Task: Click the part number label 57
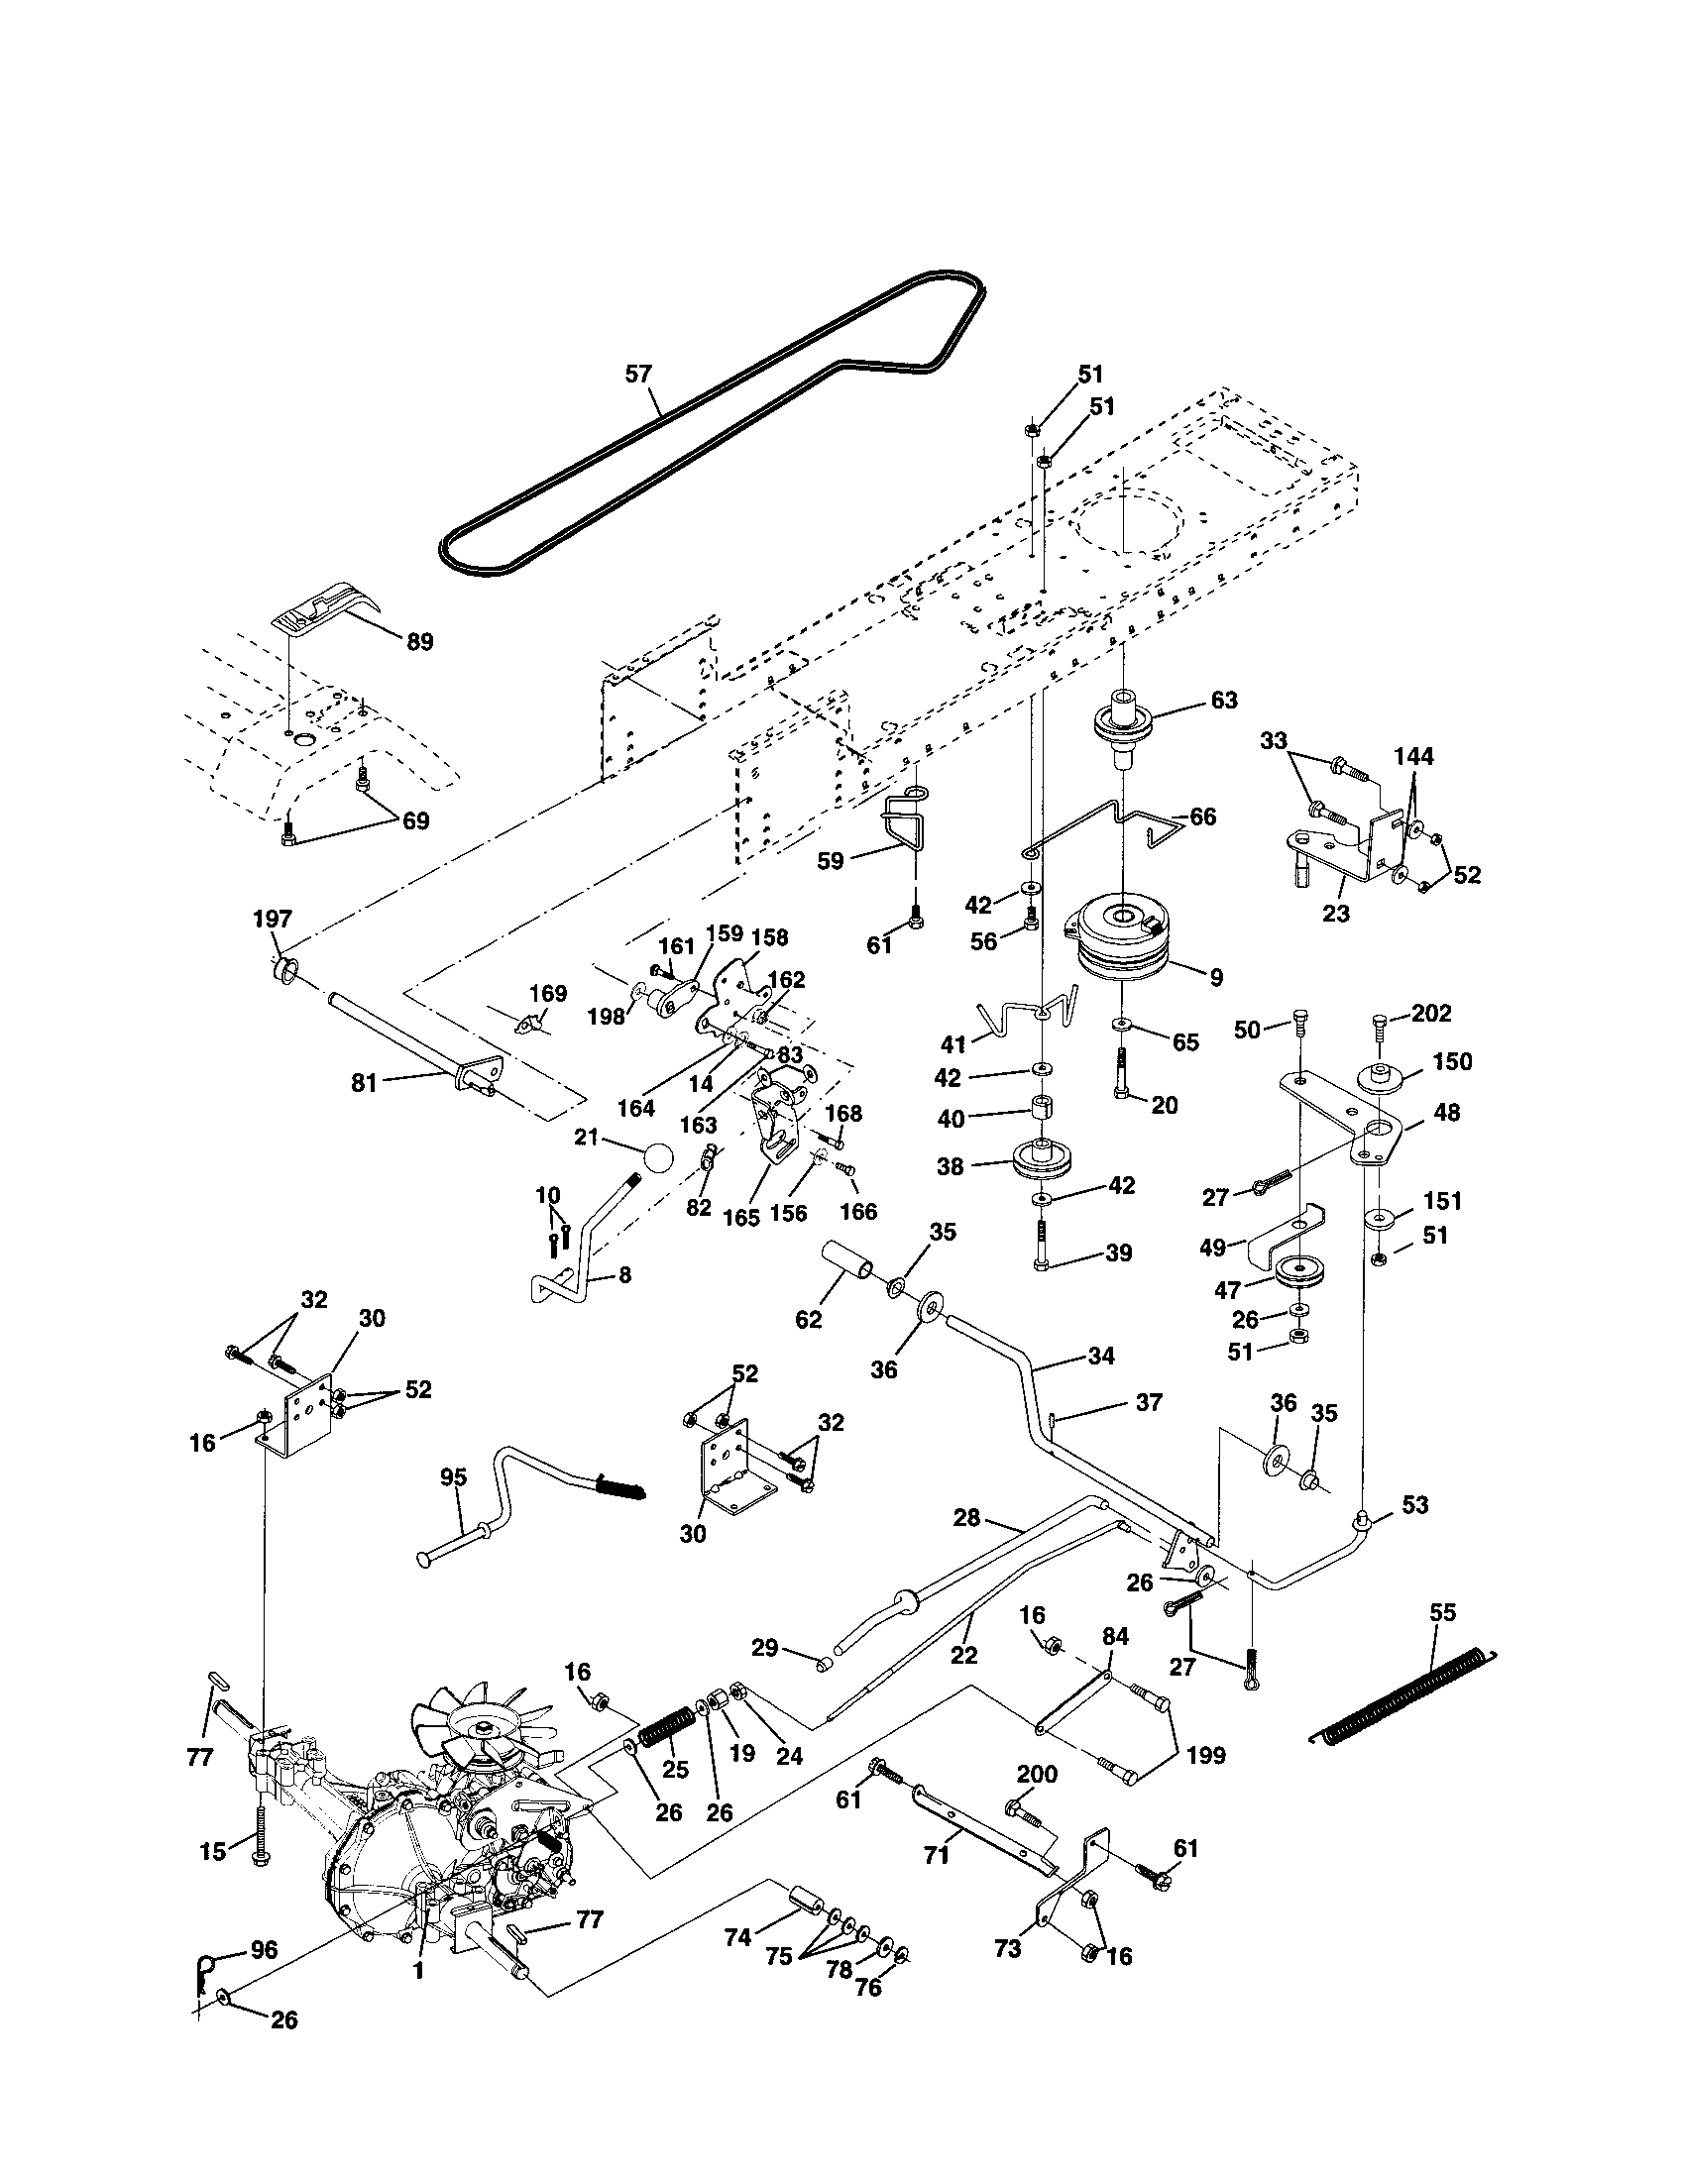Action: pyautogui.click(x=637, y=375)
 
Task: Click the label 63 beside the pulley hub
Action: pyautogui.click(x=1223, y=701)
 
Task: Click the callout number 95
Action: pyautogui.click(x=453, y=1477)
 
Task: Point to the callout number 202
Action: pyautogui.click(x=1432, y=1013)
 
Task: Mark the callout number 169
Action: pyautogui.click(x=547, y=993)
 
